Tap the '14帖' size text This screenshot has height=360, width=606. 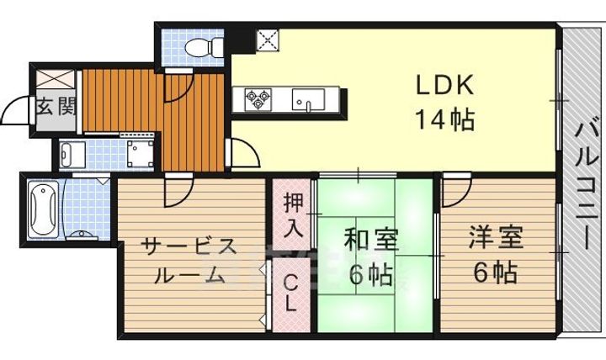click(x=444, y=119)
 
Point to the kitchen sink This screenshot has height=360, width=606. click(x=308, y=100)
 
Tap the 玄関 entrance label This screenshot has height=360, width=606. click(x=56, y=107)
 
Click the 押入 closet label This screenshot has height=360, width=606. click(x=292, y=214)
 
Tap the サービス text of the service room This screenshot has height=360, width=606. click(x=189, y=246)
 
